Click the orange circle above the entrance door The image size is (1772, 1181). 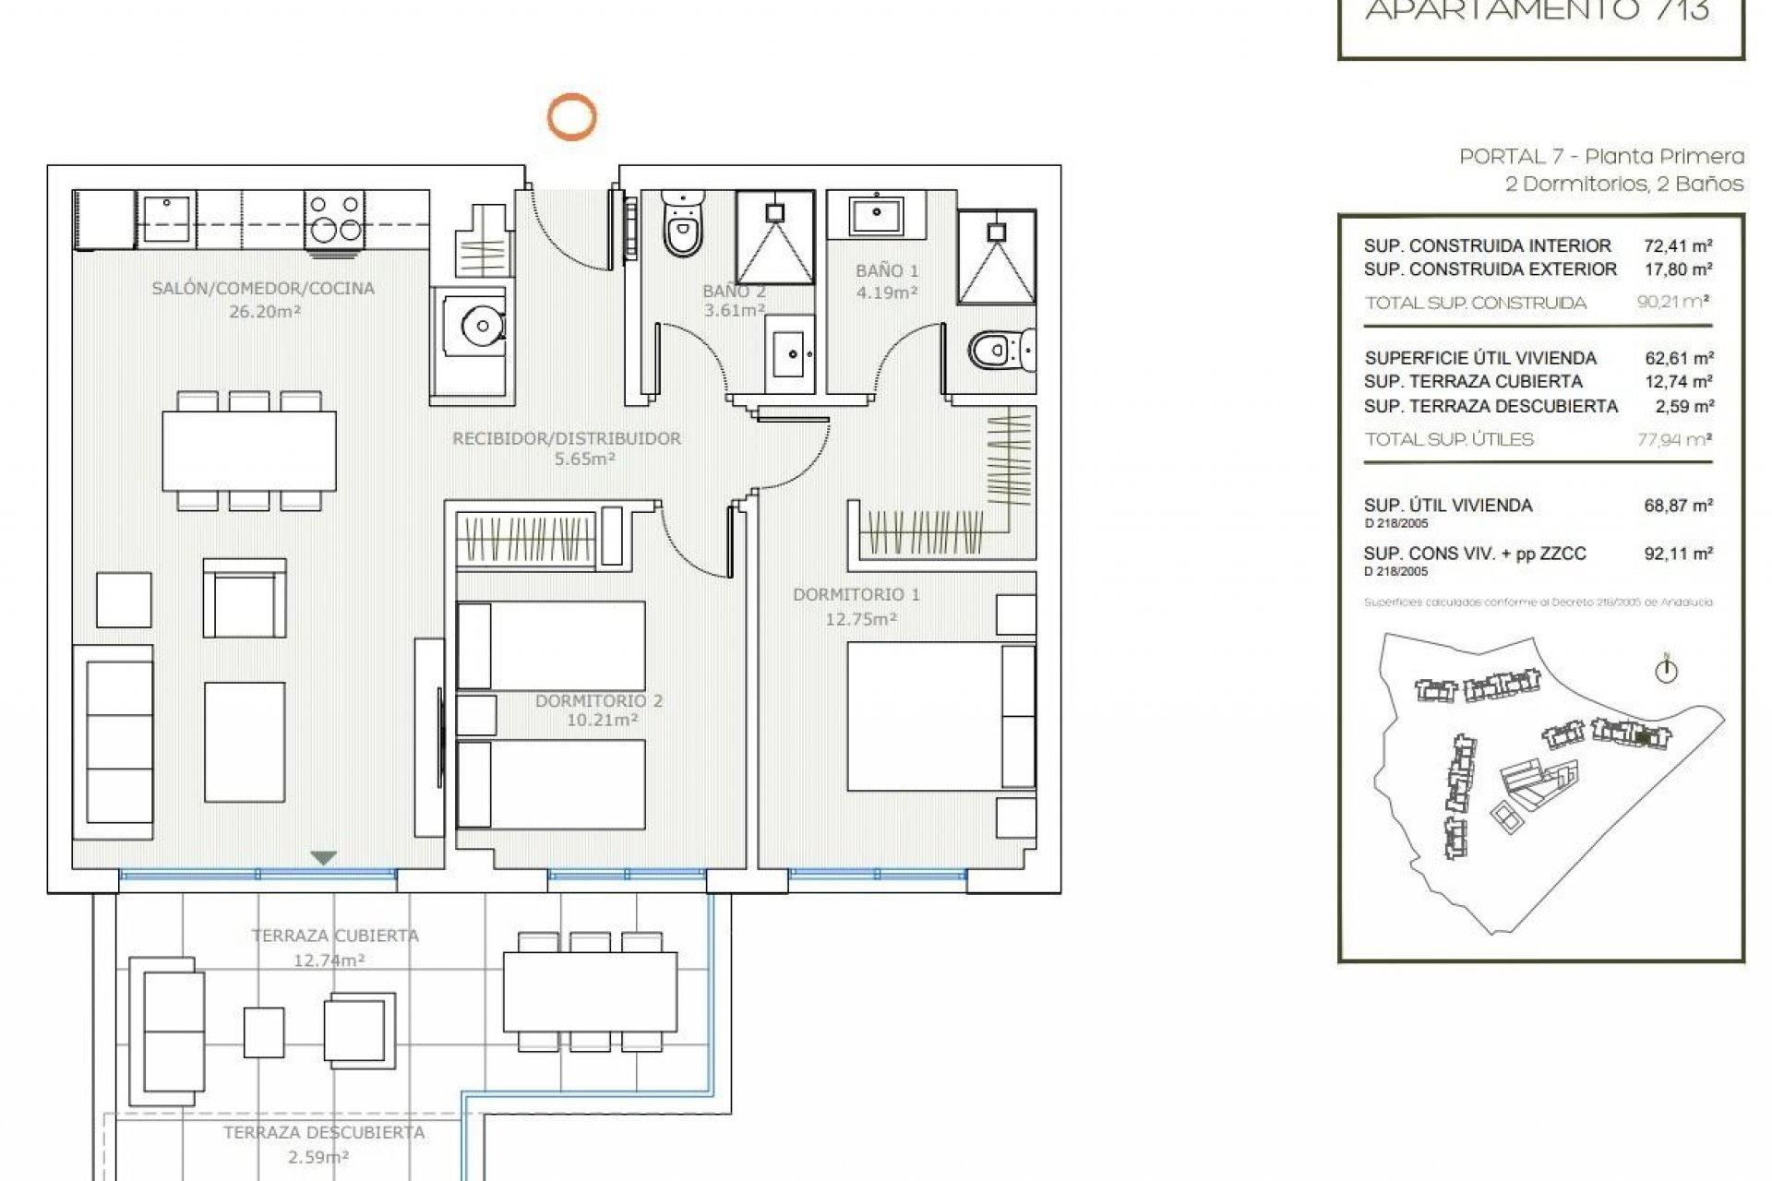coord(571,117)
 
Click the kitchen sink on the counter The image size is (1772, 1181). coord(166,220)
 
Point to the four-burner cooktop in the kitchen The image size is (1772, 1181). coord(334,218)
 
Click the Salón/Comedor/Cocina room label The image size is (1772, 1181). coord(263,288)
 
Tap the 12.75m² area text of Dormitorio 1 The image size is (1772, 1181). coord(860,619)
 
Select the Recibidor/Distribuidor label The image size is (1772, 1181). coord(566,438)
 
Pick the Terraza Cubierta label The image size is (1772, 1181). coord(335,936)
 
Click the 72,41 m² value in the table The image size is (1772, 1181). coord(1678,245)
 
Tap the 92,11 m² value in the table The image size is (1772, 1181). coord(1678,554)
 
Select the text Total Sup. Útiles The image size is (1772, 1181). coord(1449,439)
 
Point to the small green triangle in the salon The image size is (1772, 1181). coord(323,858)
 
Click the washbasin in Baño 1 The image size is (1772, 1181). coord(876,216)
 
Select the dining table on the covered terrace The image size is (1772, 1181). coord(590,992)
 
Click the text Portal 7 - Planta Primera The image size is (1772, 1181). coord(1601,156)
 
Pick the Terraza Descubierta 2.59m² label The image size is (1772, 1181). coord(323,1144)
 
